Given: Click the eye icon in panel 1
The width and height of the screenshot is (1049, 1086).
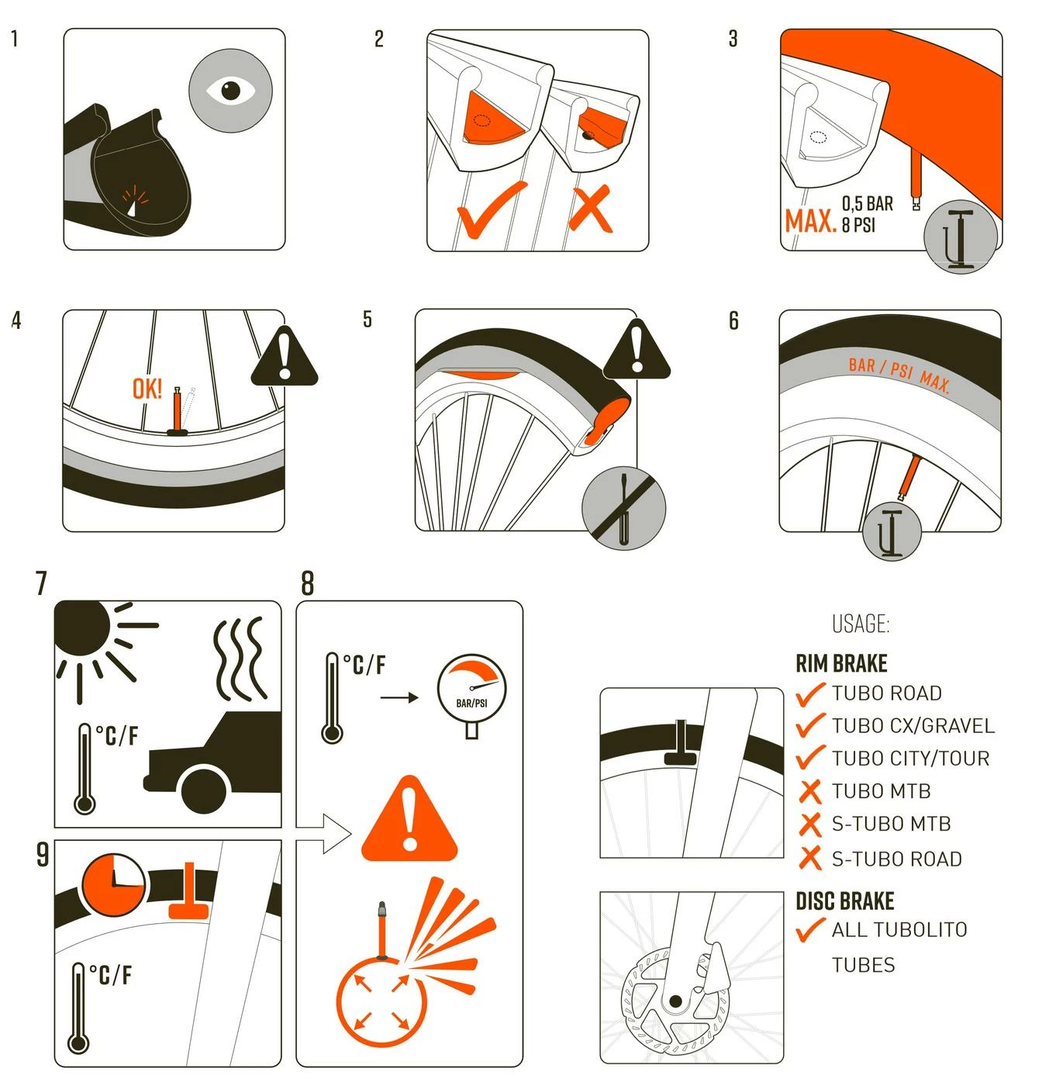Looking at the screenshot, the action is pyautogui.click(x=230, y=90).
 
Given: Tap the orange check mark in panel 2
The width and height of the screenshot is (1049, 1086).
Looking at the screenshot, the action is pyautogui.click(x=490, y=210).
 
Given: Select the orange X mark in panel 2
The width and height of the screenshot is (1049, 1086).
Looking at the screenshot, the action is pyautogui.click(x=590, y=210).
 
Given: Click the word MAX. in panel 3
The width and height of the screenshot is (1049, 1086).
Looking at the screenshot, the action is pyautogui.click(x=809, y=221).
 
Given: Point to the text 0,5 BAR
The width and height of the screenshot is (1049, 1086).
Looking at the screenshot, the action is pyautogui.click(x=867, y=204).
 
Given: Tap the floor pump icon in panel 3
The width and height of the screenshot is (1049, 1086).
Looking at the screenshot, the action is pyautogui.click(x=960, y=237).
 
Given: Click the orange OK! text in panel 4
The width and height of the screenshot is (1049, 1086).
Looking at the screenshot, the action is pyautogui.click(x=147, y=389).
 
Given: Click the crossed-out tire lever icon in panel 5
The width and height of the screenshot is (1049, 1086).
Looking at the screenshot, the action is pyautogui.click(x=623, y=508).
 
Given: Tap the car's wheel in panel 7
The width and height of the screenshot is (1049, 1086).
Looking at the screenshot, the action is pyautogui.click(x=205, y=790).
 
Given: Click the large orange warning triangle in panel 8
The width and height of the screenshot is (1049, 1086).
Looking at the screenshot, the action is pyautogui.click(x=409, y=818).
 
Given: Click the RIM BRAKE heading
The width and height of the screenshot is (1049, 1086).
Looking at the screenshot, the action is pyautogui.click(x=841, y=663).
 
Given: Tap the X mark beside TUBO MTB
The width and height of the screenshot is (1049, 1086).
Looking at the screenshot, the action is pyautogui.click(x=809, y=790).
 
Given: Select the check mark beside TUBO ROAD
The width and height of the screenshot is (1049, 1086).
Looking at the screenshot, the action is pyautogui.click(x=809, y=694).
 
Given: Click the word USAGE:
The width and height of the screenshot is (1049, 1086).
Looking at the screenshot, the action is pyautogui.click(x=861, y=624).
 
